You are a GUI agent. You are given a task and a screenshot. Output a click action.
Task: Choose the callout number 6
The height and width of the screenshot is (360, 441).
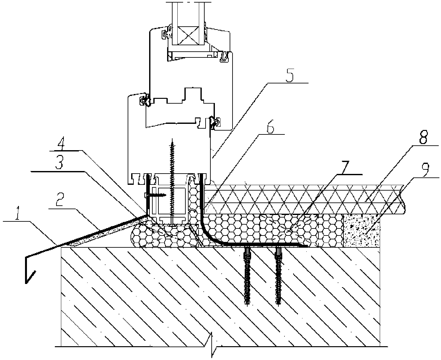(x=270, y=128)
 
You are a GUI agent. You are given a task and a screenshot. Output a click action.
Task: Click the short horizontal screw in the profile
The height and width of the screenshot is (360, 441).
(x=155, y=195)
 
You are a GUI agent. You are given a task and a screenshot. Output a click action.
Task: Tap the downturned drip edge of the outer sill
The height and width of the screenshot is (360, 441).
(x=29, y=270)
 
